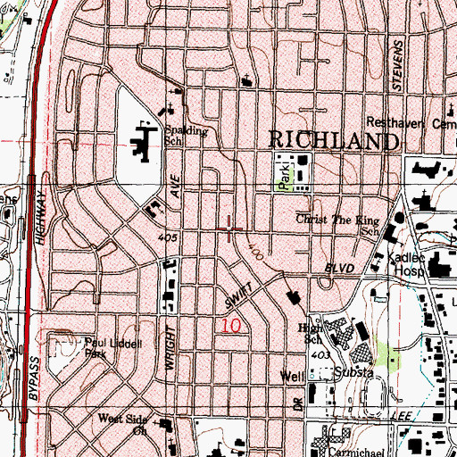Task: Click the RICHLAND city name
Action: click(332, 141)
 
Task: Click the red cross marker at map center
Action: click(231, 230)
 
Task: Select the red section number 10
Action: click(229, 328)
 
